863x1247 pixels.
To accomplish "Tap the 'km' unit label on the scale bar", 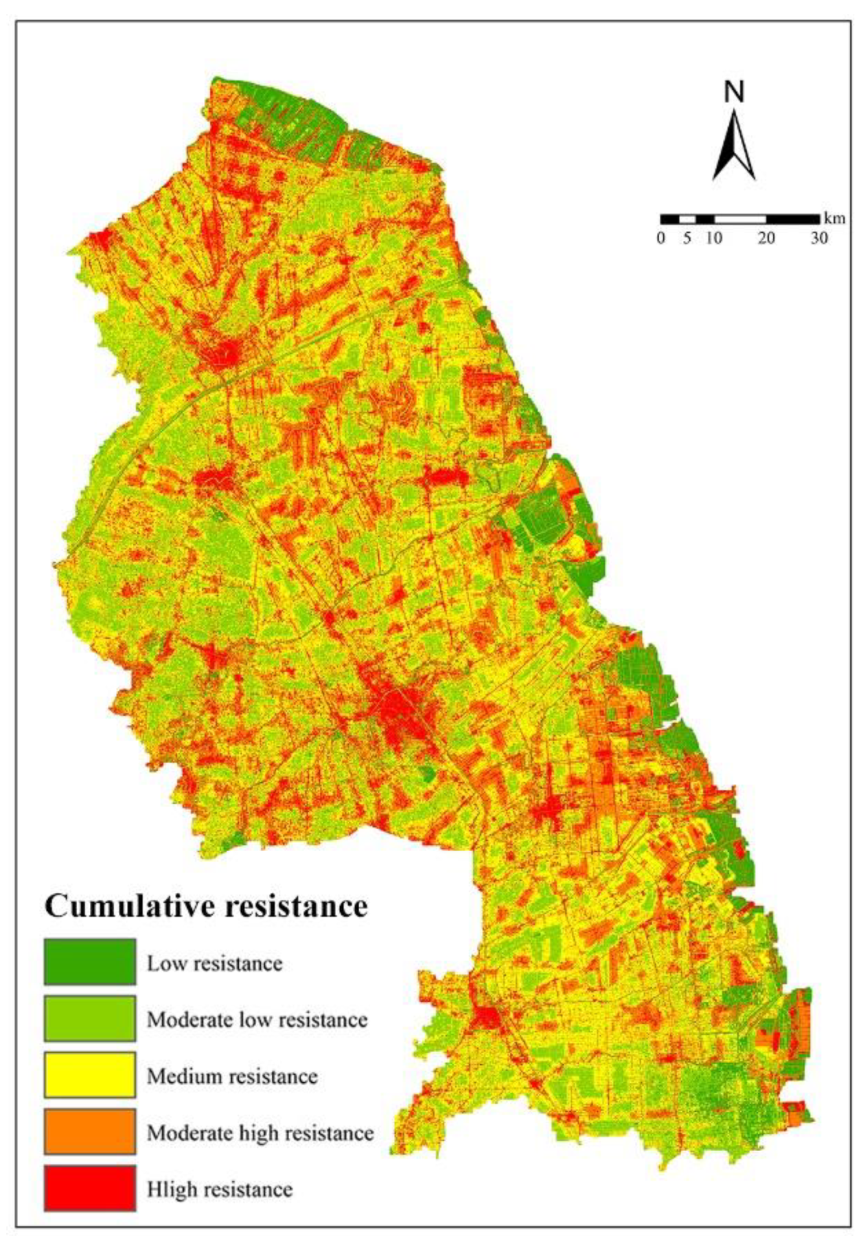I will tap(835, 218).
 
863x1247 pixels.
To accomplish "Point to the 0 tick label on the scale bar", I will tap(661, 239).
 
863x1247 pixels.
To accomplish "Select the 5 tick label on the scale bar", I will tap(687, 239).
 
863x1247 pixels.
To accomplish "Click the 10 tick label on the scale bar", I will tap(714, 239).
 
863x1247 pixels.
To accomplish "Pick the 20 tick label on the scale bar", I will tap(766, 239).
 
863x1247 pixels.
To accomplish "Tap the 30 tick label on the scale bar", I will tap(819, 239).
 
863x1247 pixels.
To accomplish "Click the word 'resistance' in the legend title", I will tap(296, 906).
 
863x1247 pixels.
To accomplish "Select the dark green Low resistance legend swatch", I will tap(90, 961).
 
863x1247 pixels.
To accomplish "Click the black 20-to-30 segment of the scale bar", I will tap(792, 219).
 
